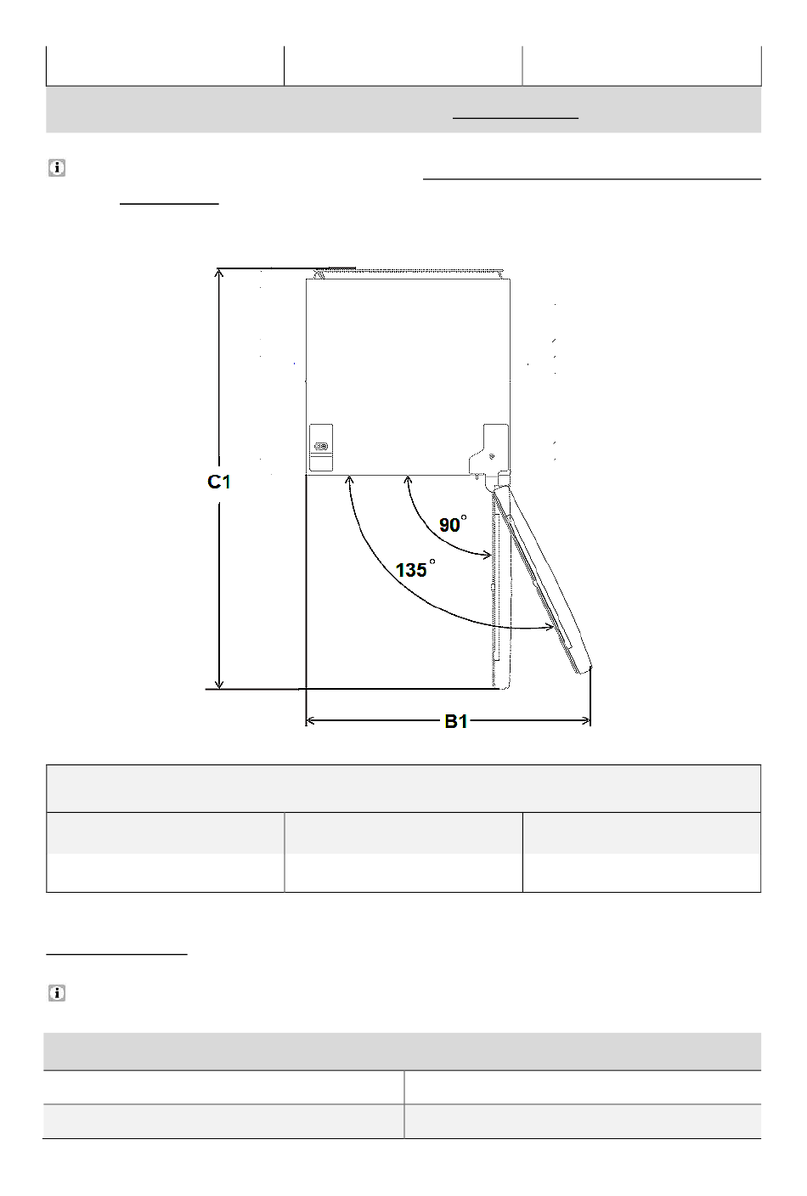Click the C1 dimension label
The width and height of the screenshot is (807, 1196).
click(219, 482)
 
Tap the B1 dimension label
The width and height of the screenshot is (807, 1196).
click(456, 722)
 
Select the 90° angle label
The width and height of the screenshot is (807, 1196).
click(453, 524)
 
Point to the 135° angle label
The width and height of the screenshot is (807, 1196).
click(415, 568)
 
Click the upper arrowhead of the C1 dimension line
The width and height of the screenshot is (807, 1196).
click(218, 274)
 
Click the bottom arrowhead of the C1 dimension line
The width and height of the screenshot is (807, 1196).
click(219, 684)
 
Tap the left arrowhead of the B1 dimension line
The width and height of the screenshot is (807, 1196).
click(310, 721)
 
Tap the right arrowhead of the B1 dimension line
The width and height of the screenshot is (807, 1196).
click(585, 721)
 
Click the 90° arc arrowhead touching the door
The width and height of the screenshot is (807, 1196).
click(487, 556)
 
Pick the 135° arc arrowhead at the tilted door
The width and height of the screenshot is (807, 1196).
click(549, 627)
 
